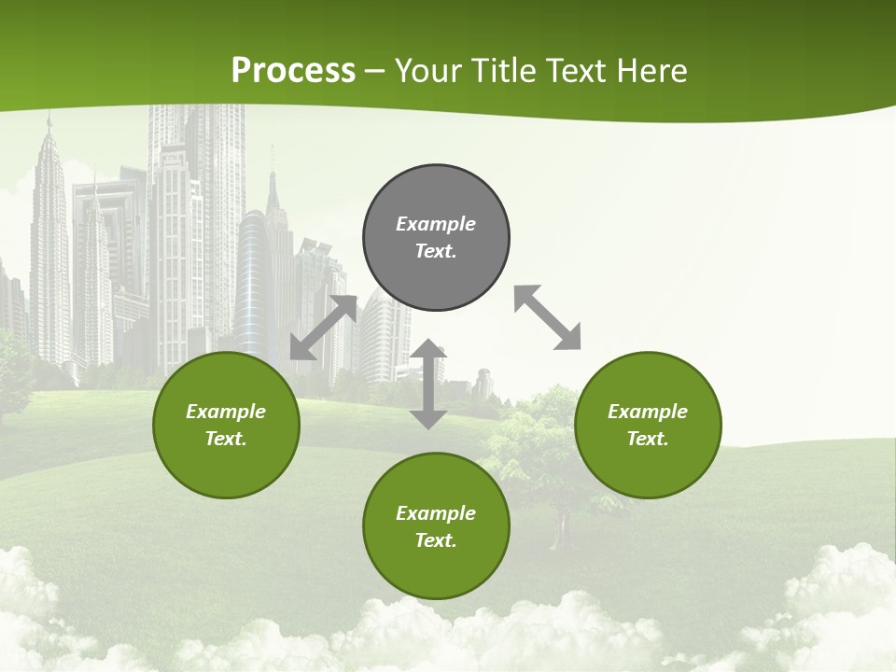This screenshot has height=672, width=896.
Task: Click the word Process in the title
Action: (293, 71)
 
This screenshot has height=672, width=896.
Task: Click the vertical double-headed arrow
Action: (428, 385)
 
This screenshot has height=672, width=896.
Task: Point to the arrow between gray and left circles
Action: (323, 328)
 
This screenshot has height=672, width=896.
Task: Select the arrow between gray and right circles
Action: (548, 317)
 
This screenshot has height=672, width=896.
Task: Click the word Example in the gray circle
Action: (436, 224)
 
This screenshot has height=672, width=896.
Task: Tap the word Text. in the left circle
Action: (226, 439)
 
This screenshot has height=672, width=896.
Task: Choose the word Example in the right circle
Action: (648, 412)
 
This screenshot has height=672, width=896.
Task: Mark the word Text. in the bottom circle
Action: (436, 540)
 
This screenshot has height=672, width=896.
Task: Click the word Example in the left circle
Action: (226, 412)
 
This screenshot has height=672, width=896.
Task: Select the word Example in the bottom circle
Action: (436, 513)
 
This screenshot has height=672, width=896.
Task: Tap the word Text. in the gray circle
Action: (436, 251)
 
